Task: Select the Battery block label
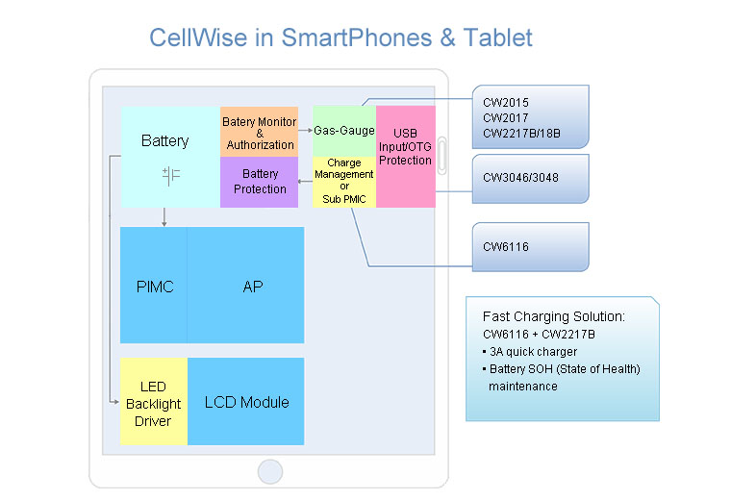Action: coord(164,140)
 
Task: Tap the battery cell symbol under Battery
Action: coord(171,177)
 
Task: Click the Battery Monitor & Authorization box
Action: coord(260,133)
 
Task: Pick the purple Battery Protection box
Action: coord(260,182)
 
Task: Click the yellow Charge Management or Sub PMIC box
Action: coord(343,181)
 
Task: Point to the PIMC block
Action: coord(154,286)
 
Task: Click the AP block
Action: coord(252,286)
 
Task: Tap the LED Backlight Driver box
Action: coord(153,403)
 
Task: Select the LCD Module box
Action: coord(246,402)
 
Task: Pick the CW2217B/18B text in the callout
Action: coord(521,133)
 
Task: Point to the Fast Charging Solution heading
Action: coord(553,316)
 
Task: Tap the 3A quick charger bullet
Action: coord(533,351)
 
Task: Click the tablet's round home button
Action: coord(270,471)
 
